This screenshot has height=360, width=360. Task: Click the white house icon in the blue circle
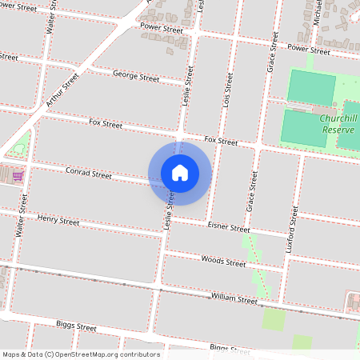click(x=180, y=173)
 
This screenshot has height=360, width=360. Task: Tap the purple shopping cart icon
click(x=18, y=175)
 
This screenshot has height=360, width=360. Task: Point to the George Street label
click(x=135, y=77)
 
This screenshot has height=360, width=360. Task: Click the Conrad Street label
click(x=88, y=174)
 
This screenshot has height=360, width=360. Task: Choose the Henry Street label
click(x=58, y=220)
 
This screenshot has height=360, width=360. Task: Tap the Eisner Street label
click(x=229, y=228)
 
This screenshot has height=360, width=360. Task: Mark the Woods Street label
click(x=223, y=262)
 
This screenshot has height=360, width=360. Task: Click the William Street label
click(x=234, y=299)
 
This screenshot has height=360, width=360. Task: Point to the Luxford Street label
click(x=292, y=230)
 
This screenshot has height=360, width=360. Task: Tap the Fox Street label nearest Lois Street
click(x=221, y=141)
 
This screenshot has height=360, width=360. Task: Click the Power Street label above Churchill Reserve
click(x=308, y=50)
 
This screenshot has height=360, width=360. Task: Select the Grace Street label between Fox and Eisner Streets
click(x=252, y=191)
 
